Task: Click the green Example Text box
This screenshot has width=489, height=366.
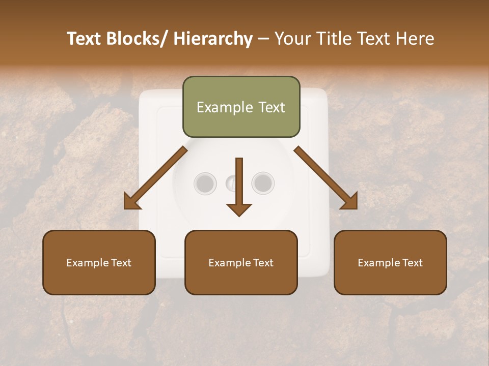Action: click(241, 107)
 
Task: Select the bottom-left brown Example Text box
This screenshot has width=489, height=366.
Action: click(99, 262)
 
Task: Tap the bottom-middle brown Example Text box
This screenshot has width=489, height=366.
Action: click(241, 262)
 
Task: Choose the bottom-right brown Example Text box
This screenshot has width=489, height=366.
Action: click(390, 262)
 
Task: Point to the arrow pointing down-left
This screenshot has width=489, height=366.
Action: click(155, 178)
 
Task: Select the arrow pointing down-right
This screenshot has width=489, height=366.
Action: click(326, 178)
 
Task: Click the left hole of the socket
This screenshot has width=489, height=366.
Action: click(205, 182)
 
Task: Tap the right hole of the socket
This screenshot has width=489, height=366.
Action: click(263, 182)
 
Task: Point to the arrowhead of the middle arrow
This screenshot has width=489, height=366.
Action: click(239, 209)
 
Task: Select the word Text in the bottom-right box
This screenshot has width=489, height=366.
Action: click(412, 262)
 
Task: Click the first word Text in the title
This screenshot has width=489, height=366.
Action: click(85, 39)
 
